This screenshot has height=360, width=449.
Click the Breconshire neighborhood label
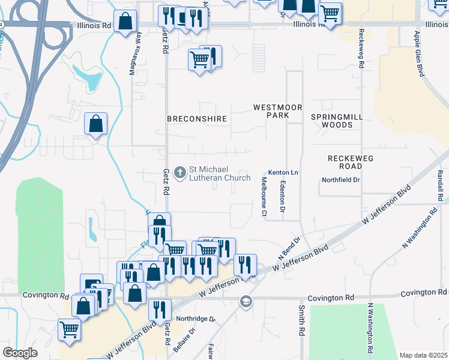coord(197,119)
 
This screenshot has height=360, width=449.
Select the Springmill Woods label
coord(332,121)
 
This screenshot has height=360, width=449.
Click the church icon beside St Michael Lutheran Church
coord(179,173)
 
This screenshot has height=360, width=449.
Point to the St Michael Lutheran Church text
coord(220,173)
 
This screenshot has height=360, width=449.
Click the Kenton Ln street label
coord(283,172)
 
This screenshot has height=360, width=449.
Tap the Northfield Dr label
coord(340,179)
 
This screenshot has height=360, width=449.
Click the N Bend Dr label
coord(289,246)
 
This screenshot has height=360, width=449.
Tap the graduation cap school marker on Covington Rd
coord(246,301)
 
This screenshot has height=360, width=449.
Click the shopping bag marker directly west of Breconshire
coord(95,125)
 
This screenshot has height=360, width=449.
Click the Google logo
coord(20,353)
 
